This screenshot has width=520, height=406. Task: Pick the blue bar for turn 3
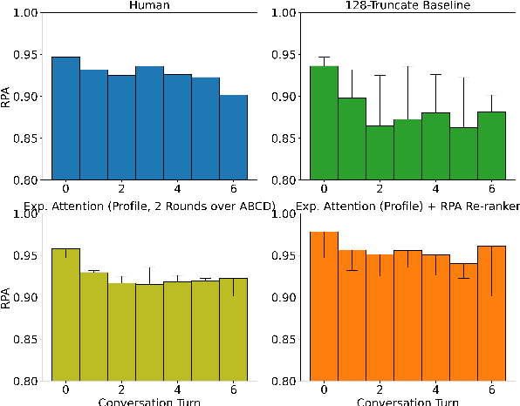pyautogui.click(x=150, y=123)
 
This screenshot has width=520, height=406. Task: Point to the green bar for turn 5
pyautogui.click(x=464, y=153)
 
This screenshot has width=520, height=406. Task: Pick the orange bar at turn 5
pyautogui.click(x=464, y=322)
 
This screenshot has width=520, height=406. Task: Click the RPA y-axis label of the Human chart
pyautogui.click(x=8, y=95)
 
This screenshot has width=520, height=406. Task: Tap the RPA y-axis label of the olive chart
pyautogui.click(x=8, y=297)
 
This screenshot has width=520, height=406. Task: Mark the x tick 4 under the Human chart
pyautogui.click(x=178, y=188)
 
